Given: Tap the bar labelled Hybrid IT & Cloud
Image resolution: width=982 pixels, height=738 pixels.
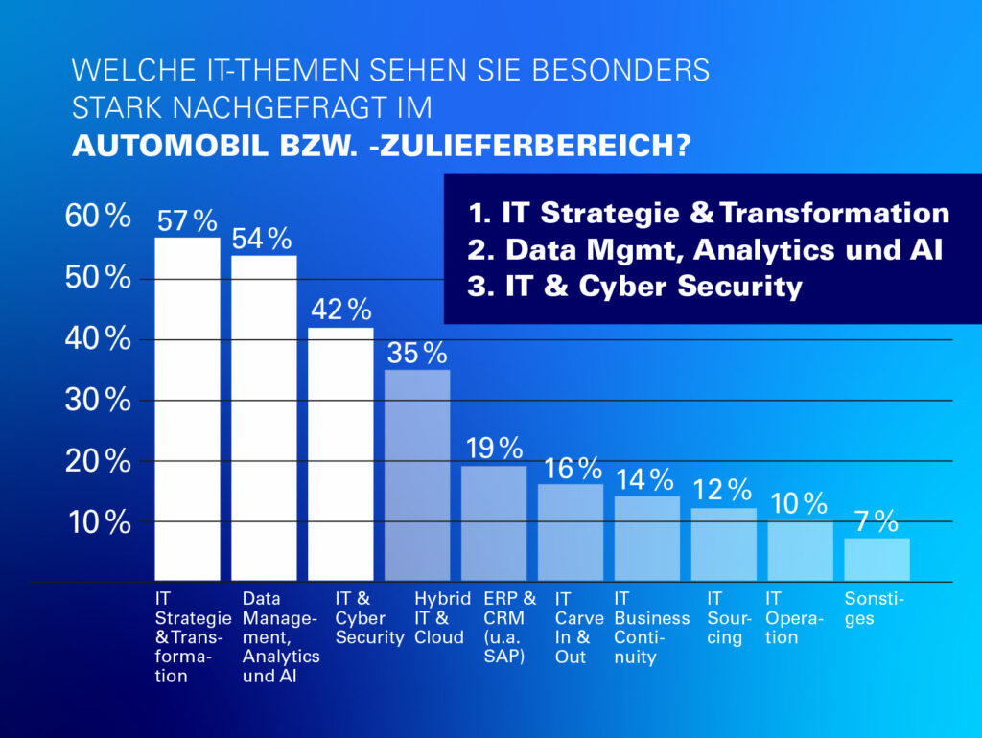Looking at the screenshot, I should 417,474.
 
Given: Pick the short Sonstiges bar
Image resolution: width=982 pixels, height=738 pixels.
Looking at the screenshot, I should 877,560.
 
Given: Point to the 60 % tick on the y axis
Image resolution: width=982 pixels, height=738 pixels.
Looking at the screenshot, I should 97,217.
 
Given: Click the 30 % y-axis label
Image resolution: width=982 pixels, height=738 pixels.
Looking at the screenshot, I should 97,400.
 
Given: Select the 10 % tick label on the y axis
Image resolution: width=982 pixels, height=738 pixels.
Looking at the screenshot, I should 97,522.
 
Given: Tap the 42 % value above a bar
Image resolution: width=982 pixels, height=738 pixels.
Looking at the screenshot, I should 340,309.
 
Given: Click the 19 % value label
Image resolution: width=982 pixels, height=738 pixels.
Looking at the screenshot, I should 494,447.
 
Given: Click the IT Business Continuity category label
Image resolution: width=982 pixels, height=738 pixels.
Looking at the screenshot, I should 651,628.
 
